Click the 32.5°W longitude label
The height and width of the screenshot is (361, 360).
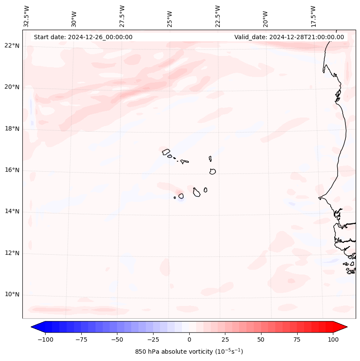[27, 16]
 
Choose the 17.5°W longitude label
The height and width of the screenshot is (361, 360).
[313, 16]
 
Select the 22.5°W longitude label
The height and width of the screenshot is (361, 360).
[218, 16]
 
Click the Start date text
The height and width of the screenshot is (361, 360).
[83, 37]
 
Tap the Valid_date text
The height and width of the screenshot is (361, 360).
[289, 37]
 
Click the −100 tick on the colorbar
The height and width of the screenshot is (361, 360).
[45, 339]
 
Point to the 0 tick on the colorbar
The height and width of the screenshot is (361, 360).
[189, 339]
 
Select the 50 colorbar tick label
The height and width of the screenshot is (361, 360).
[261, 339]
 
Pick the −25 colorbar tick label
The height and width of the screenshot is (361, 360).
[153, 339]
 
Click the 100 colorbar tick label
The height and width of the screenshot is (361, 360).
[333, 339]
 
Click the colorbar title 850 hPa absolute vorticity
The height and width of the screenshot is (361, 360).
[189, 352]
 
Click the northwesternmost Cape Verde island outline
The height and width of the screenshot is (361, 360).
[166, 151]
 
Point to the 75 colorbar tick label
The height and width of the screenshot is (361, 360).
[297, 339]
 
